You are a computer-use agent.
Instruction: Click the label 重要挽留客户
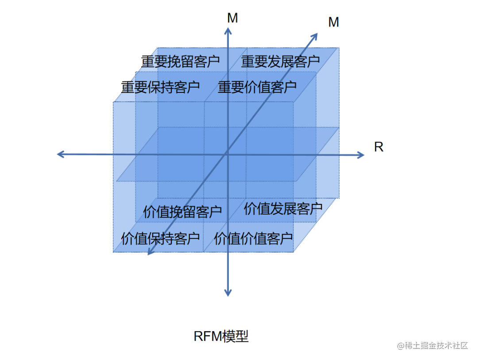coord(180,61)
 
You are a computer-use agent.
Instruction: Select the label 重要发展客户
coord(280,61)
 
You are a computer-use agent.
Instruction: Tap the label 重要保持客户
coord(160,87)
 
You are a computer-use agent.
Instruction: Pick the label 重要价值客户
coord(257,87)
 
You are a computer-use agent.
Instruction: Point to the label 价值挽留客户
coord(182,212)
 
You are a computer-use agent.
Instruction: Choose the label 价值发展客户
coord(283,209)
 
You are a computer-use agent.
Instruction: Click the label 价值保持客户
coord(160,239)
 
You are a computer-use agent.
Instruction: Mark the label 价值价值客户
coord(254,239)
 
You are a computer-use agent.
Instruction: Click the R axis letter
coord(378,147)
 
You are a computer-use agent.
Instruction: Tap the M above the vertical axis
coord(232,18)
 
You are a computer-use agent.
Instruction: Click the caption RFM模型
coord(221,337)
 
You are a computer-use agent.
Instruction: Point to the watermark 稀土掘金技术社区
coord(432,346)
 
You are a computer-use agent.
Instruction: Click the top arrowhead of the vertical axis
coord(228,30)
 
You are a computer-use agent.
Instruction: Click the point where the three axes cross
coord(227,153)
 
